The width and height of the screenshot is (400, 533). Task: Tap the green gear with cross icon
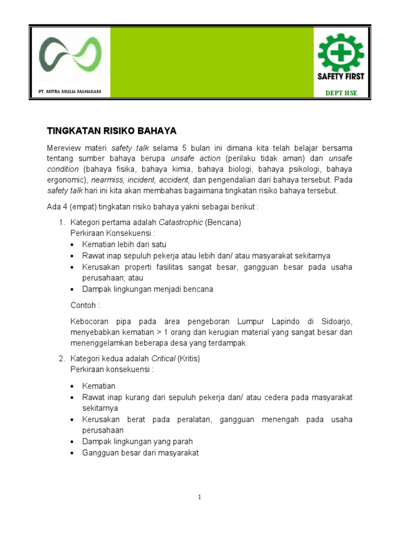click(x=341, y=52)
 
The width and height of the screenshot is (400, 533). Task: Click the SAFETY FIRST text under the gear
click(x=341, y=76)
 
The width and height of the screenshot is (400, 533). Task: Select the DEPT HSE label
click(x=341, y=93)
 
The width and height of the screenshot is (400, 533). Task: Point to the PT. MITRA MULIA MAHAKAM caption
click(x=70, y=92)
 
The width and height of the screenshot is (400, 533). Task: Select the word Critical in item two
click(x=163, y=359)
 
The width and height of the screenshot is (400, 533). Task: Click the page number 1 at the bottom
click(x=199, y=498)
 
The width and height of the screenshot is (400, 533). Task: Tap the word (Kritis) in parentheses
click(x=189, y=359)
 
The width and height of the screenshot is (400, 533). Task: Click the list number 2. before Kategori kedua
click(x=61, y=359)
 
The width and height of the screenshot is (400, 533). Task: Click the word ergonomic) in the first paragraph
click(x=65, y=180)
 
